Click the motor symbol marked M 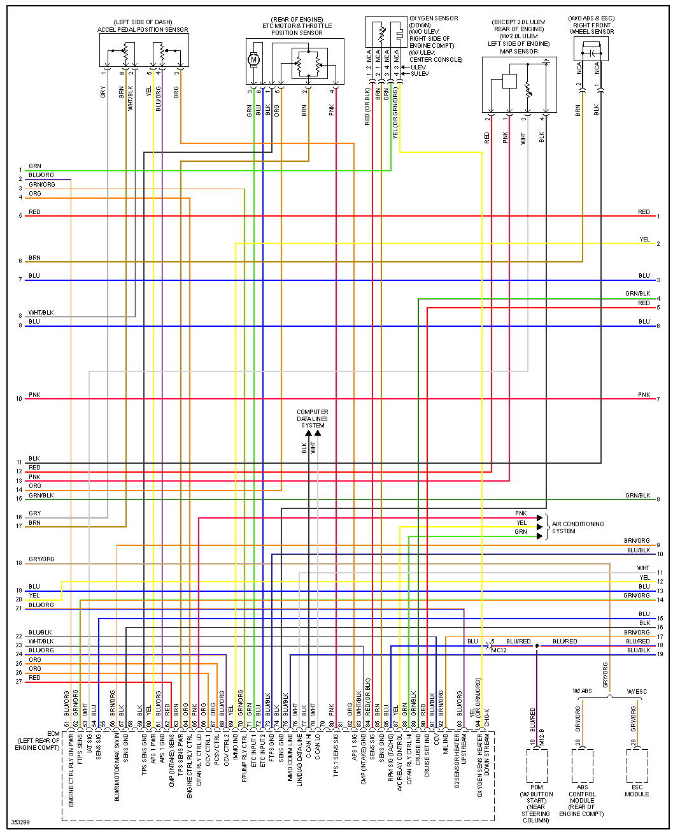point(253,59)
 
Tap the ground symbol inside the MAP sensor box point(546,63)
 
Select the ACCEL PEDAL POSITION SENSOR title point(143,29)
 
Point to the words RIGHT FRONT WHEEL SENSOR point(592,28)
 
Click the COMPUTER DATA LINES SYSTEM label point(313,419)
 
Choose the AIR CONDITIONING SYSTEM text point(577,527)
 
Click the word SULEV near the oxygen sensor point(420,74)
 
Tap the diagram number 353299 point(20,822)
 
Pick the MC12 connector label point(499,650)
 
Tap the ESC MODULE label point(637,791)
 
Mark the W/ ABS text point(582,691)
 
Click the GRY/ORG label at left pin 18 point(41,559)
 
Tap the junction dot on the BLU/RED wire point(537,646)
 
